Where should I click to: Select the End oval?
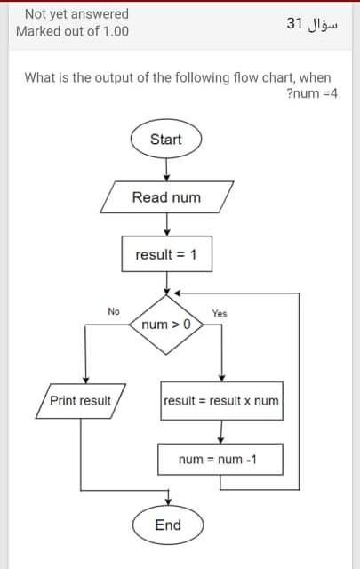167,525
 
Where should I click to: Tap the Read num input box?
166,197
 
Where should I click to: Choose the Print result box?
80,401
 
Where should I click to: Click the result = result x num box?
221,401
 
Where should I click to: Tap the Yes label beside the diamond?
220,313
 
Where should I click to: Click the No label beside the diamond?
113,311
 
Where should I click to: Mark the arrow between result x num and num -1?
221,430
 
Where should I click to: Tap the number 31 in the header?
296,23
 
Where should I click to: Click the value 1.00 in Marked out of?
111,31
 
